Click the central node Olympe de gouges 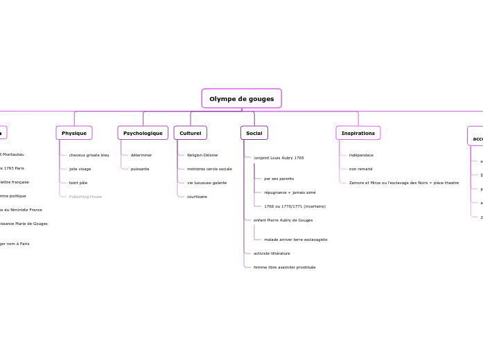pyautogui.click(x=241, y=99)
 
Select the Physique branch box pyautogui.click(x=74, y=133)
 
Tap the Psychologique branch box pyautogui.click(x=143, y=133)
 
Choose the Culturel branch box pyautogui.click(x=190, y=133)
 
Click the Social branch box pyautogui.click(x=254, y=133)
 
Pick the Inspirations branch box pyautogui.click(x=358, y=133)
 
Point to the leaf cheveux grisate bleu pyautogui.click(x=89, y=155)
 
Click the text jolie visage pyautogui.click(x=80, y=169)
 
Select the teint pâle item pyautogui.click(x=78, y=183)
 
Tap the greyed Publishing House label pyautogui.click(x=85, y=197)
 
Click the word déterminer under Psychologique pyautogui.click(x=141, y=155)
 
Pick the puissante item pyautogui.click(x=140, y=169)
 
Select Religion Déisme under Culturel pyautogui.click(x=202, y=155)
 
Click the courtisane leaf pyautogui.click(x=197, y=197)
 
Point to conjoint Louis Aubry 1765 pyautogui.click(x=279, y=158)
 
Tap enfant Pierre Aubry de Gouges pyautogui.click(x=283, y=220)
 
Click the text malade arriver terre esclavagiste pyautogui.click(x=295, y=240)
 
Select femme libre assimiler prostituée pyautogui.click(x=284, y=267)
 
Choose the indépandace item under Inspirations pyautogui.click(x=361, y=155)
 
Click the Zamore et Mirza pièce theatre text pyautogui.click(x=403, y=183)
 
